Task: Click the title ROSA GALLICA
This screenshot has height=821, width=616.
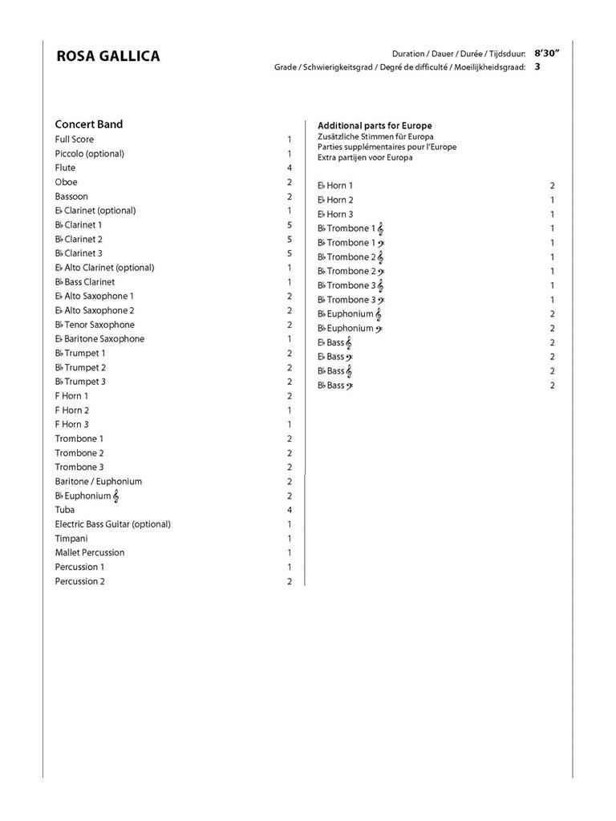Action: coord(107,56)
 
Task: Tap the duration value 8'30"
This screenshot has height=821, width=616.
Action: coord(547,53)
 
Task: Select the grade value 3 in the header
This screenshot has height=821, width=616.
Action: coord(537,67)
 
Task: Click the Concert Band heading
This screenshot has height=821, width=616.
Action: coord(88,124)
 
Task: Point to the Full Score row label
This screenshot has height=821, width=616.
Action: coord(74,140)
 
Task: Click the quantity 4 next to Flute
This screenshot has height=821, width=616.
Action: coord(290,168)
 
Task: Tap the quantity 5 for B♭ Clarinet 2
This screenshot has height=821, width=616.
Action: coord(290,240)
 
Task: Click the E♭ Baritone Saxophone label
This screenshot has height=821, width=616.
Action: coord(99,339)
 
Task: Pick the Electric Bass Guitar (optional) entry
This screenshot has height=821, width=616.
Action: coord(112,524)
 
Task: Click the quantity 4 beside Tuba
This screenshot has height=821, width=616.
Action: coord(290,510)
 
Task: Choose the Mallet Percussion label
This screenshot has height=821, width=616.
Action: coord(89,552)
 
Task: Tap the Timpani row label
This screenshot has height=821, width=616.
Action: coord(71,539)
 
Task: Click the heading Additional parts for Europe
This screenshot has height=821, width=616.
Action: coord(375,126)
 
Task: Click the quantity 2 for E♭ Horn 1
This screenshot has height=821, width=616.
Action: coord(553,186)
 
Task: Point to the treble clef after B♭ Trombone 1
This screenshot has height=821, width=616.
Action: coord(380,229)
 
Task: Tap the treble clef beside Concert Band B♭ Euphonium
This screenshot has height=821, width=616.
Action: coord(116,496)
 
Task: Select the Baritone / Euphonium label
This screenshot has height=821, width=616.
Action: coord(98,482)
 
